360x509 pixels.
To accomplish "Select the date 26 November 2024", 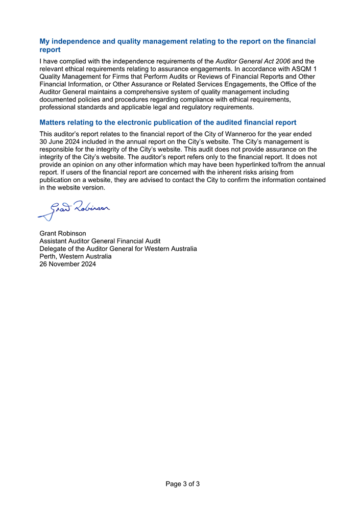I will tap(67, 264).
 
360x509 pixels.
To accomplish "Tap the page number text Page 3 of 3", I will tap(182, 483).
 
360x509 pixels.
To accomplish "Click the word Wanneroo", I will tap(250, 134).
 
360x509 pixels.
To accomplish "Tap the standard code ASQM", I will tap(301, 68).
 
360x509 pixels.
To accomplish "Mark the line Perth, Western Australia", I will tap(76, 256).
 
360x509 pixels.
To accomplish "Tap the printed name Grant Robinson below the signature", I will tap(63, 233).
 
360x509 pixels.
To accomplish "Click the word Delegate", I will tap(54, 249).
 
